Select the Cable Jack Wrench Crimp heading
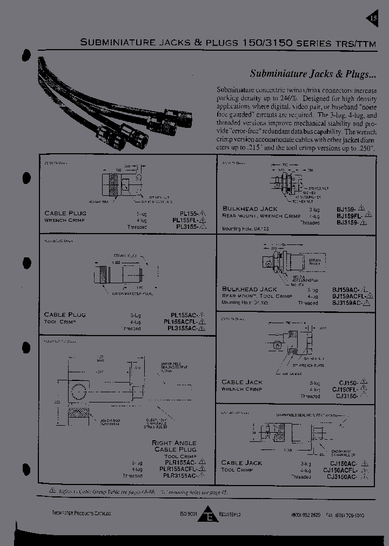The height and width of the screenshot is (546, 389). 242,385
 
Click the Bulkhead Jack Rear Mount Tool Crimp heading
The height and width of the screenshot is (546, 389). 257,293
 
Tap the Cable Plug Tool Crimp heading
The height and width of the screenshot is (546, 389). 65,318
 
